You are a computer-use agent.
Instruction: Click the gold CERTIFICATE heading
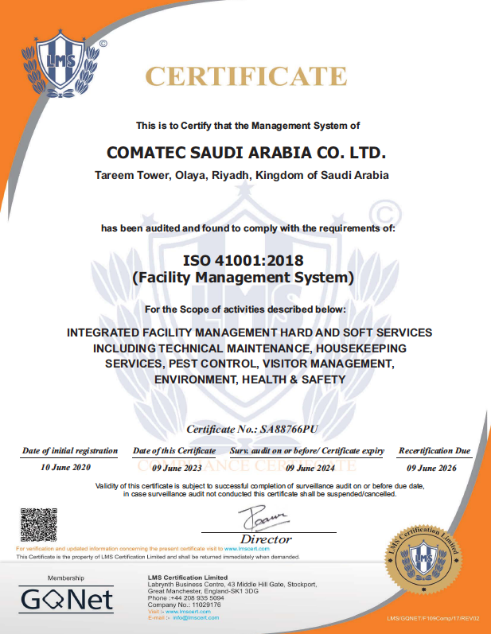coord(245,76)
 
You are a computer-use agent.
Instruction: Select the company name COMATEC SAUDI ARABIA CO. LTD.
coord(245,151)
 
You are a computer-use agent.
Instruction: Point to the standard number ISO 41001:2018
coord(243,260)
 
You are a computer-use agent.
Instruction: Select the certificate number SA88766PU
coord(289,429)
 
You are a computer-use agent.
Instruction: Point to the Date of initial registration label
coord(70,450)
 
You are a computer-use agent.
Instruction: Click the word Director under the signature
coord(266,539)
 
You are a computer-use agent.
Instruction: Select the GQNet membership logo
coord(66,598)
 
